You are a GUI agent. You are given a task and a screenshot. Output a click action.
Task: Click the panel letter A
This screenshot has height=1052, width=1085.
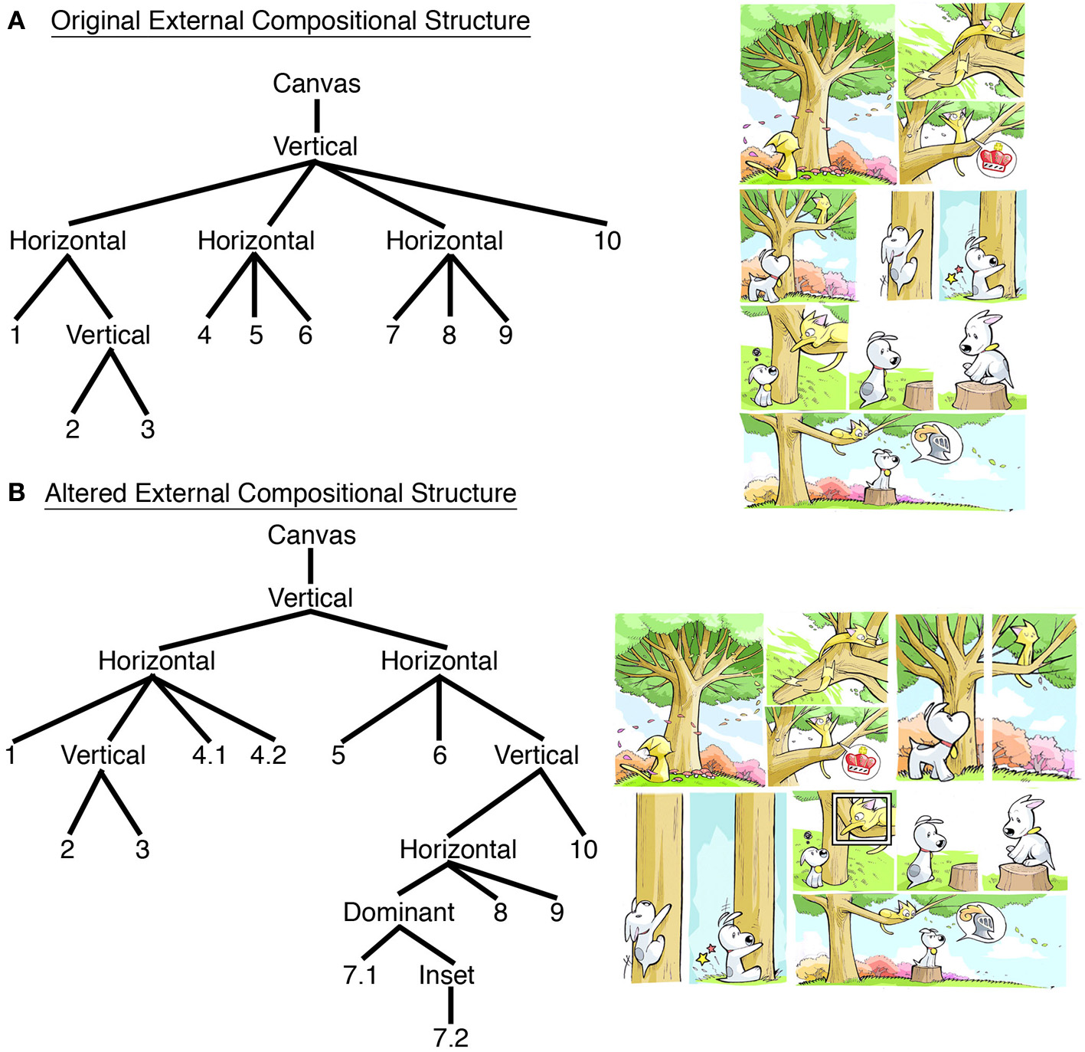16,21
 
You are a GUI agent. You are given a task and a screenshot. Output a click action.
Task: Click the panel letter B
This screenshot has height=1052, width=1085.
16,493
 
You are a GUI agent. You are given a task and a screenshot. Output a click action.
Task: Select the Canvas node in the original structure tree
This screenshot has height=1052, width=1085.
316,84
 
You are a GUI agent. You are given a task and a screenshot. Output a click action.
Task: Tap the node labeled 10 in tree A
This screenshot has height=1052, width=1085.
607,241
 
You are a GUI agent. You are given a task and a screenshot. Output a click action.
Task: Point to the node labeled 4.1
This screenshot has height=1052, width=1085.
209,755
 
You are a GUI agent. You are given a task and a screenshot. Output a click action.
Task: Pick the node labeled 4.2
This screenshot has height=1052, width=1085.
268,755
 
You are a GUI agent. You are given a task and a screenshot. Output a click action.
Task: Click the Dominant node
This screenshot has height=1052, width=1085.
398,912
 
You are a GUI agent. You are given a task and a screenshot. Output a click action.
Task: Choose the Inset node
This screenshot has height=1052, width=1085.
446,975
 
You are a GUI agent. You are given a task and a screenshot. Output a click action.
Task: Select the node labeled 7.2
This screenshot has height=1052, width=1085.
450,1037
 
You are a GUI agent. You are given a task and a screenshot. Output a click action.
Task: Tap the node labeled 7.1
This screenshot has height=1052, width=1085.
360,975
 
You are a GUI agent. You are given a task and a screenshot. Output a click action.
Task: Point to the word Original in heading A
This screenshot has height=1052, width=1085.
96,21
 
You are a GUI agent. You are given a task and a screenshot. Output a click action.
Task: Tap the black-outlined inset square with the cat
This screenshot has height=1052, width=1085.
862,819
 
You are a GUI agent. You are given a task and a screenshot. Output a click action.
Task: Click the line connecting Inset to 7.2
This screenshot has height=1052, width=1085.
450,1006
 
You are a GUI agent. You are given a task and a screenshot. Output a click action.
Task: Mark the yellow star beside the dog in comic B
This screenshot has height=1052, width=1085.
702,958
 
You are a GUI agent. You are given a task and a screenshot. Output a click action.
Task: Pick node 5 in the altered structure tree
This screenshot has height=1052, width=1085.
338,755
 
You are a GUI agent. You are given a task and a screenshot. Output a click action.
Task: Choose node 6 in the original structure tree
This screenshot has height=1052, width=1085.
305,335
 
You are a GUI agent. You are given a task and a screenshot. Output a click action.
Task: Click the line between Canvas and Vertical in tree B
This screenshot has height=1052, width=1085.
311,566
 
